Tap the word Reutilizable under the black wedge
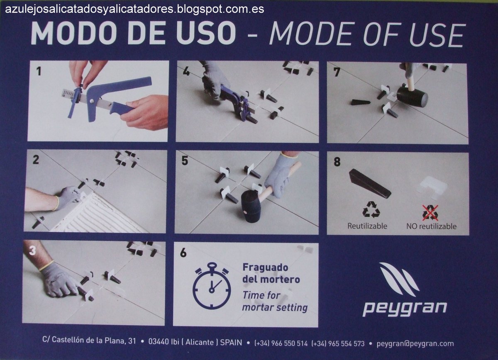point(367,226)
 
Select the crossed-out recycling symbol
point(430,213)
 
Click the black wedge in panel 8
point(369,183)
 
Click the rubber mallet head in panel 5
point(251,206)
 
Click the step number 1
point(38,71)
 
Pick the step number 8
point(337,162)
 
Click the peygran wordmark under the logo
point(404,308)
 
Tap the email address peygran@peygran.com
point(415,343)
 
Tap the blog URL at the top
point(134,9)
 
